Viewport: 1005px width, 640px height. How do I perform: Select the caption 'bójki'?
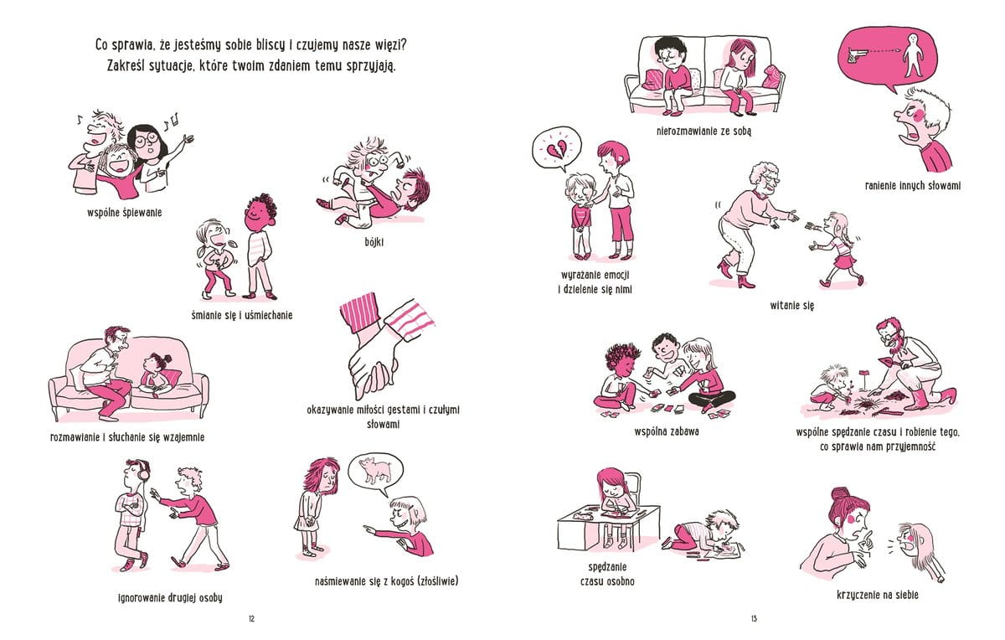[x=374, y=242]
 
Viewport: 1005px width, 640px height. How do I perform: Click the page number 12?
[x=251, y=619]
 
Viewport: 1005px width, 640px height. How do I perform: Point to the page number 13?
[x=754, y=619]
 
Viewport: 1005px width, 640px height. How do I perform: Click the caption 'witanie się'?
[x=792, y=306]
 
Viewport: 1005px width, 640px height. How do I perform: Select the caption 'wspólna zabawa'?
[x=667, y=431]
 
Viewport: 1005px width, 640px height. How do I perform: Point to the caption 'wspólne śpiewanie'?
[x=125, y=213]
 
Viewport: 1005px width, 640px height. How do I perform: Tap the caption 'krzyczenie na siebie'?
[x=878, y=596]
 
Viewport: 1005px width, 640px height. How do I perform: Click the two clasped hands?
[x=374, y=368]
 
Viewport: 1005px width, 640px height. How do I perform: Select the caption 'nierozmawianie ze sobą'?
[x=703, y=132]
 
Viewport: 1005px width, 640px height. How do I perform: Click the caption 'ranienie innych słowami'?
[x=913, y=186]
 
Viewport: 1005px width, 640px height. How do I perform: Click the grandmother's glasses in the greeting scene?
[x=772, y=179]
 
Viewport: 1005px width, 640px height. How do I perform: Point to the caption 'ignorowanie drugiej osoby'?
[x=170, y=598]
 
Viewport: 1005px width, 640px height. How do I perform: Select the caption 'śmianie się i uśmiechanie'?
[x=242, y=316]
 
